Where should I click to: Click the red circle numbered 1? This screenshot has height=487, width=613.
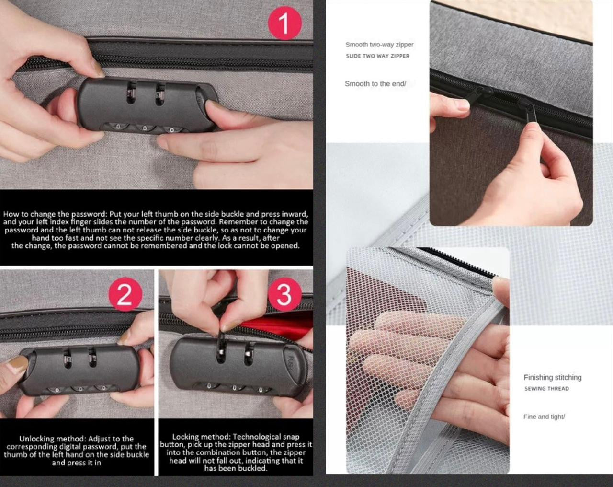pos(284,23)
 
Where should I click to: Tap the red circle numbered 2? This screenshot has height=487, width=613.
pos(125,294)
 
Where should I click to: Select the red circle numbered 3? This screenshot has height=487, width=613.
pos(284,294)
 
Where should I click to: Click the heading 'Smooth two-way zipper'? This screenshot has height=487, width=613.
pos(379,45)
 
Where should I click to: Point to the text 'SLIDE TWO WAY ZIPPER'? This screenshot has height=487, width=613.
pos(377,56)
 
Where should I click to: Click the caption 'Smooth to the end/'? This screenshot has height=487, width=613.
pos(375,84)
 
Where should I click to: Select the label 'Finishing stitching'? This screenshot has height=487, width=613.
pos(552,378)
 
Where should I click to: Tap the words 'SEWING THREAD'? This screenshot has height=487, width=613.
pos(546,389)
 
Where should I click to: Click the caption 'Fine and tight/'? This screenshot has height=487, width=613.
pos(544,417)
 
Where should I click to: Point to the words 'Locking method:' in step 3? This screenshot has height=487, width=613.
pos(202,437)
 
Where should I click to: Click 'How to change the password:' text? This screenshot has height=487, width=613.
pos(55,214)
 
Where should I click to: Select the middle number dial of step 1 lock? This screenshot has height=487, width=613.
pos(145,127)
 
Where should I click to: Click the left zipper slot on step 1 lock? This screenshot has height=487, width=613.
pos(131,93)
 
